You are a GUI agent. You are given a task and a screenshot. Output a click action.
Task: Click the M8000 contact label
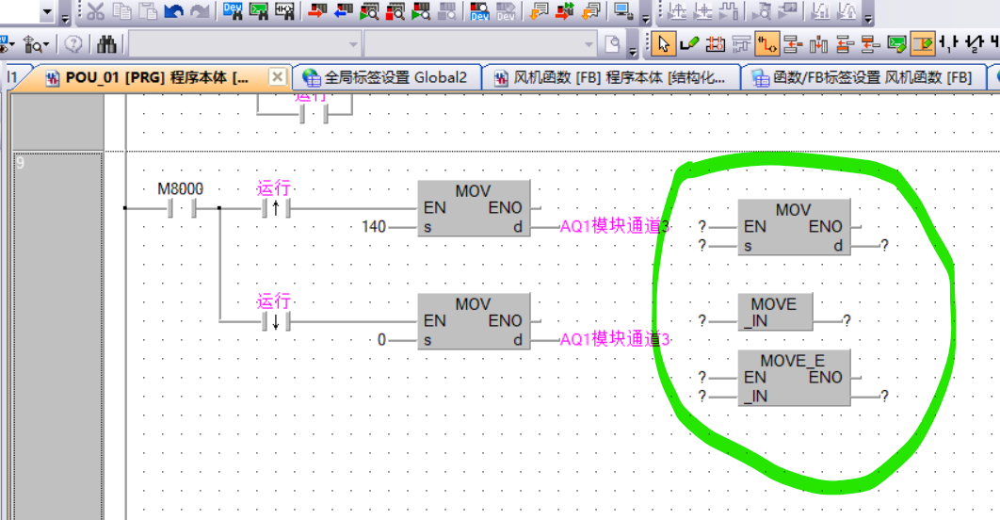point(180,188)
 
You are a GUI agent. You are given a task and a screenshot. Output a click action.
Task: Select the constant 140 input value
point(375,227)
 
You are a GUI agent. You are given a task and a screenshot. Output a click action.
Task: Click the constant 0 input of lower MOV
point(381,339)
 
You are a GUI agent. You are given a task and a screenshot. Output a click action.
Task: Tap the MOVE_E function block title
point(792,361)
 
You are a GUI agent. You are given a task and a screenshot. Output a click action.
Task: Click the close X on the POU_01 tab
point(277,76)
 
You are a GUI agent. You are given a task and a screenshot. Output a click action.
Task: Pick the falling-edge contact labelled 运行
point(275,321)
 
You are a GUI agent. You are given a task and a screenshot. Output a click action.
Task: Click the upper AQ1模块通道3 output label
point(615,227)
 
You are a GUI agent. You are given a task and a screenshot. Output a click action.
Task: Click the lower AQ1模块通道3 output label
point(615,339)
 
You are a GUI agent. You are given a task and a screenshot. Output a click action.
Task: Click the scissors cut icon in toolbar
point(95,11)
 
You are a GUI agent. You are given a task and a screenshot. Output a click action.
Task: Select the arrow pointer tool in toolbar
point(664,43)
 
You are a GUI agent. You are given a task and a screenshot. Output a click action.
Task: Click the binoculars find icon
point(107,43)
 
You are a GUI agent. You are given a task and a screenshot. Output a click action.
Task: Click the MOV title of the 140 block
point(473,191)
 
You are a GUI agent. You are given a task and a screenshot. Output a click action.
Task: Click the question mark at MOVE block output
point(847,321)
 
